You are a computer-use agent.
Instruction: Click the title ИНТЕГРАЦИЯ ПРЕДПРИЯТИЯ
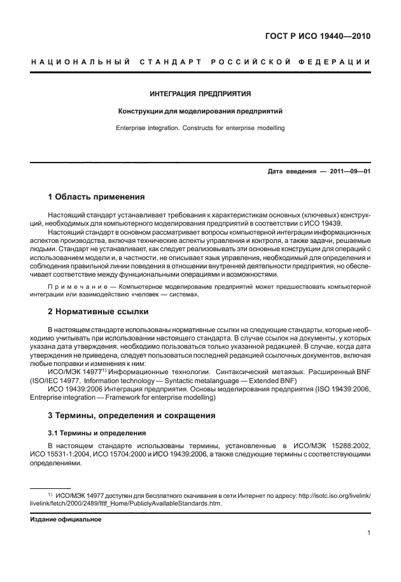pos(200,94)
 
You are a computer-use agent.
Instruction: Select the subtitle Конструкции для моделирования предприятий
pos(200,111)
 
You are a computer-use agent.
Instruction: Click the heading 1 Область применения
pos(97,196)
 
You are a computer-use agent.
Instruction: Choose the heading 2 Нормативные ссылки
pos(99,312)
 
